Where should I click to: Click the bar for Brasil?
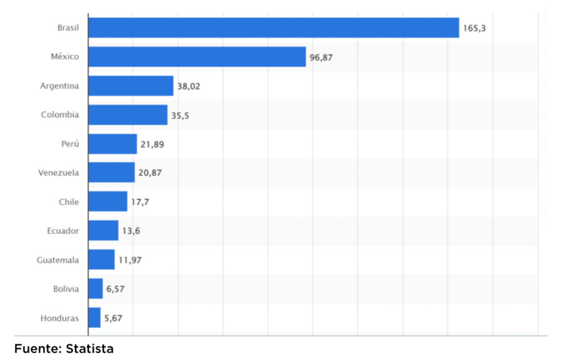(273, 28)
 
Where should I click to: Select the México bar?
(197, 56)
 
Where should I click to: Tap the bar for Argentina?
(131, 86)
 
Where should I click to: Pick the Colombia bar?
(128, 115)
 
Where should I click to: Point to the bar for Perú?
(113, 144)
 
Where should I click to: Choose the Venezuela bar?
(111, 173)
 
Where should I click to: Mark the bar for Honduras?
(94, 318)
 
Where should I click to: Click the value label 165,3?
(475, 28)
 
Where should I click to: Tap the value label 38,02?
(189, 86)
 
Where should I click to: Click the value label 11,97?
(130, 260)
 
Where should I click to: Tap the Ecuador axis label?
(63, 230)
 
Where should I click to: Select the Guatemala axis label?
(58, 260)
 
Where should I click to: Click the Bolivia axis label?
(66, 289)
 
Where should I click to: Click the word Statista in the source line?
(89, 349)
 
